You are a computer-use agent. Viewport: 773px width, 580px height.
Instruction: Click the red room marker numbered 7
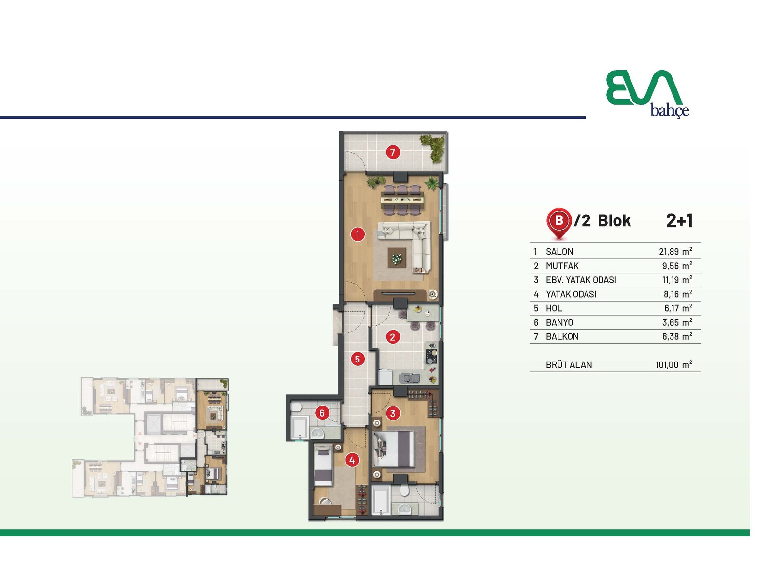(x=393, y=152)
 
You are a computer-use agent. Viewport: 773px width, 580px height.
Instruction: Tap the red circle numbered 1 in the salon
(x=358, y=234)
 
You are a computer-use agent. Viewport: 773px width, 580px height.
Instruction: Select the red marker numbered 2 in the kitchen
(x=392, y=337)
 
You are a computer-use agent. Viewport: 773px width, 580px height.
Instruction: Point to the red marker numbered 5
(x=358, y=359)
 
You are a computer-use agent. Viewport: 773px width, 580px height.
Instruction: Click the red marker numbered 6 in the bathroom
(x=322, y=413)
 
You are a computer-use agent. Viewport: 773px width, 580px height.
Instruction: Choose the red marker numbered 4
(x=352, y=460)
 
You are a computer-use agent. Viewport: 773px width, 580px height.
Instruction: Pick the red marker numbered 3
(x=393, y=413)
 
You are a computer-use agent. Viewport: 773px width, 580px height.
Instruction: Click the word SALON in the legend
(x=559, y=252)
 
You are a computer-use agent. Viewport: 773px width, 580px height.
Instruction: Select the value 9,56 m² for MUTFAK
(x=677, y=265)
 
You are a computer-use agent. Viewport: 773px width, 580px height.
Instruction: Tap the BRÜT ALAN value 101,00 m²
(x=673, y=364)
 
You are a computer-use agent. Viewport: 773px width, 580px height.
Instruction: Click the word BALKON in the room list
(x=562, y=337)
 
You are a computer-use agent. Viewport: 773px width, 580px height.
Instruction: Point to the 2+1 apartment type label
(x=679, y=221)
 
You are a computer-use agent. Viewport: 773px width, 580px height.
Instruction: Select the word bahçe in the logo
(x=670, y=111)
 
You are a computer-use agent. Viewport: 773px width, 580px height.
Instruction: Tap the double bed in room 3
(x=394, y=449)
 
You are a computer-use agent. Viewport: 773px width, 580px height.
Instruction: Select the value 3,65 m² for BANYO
(x=677, y=322)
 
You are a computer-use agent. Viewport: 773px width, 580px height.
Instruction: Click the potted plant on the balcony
(x=434, y=147)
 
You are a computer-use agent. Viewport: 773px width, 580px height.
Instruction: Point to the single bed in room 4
(x=323, y=465)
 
